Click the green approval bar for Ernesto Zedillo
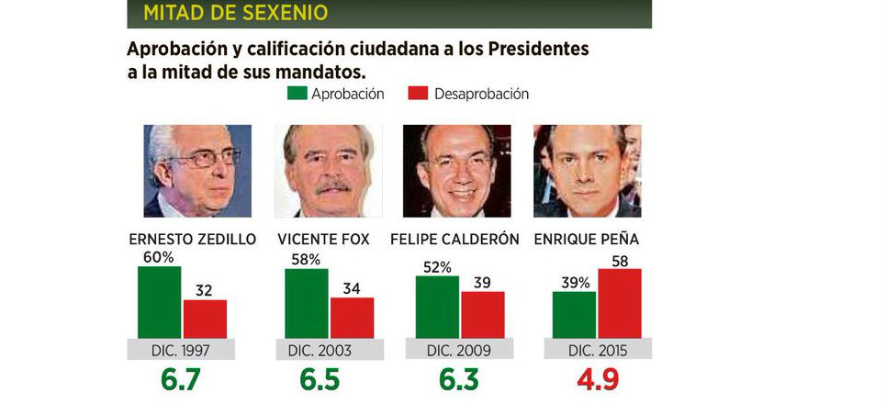point(159,302)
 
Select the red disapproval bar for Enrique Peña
point(619,303)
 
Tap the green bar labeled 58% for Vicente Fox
point(306,304)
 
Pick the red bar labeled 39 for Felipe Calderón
point(482,314)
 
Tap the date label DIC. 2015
point(598,350)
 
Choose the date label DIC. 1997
point(184,350)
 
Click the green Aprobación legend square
point(297,94)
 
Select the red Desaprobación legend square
point(419,94)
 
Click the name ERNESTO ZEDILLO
point(193,240)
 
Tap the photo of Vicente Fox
point(327,171)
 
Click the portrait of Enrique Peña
point(588,171)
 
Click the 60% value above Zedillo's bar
point(158,257)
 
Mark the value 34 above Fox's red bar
point(352,289)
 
